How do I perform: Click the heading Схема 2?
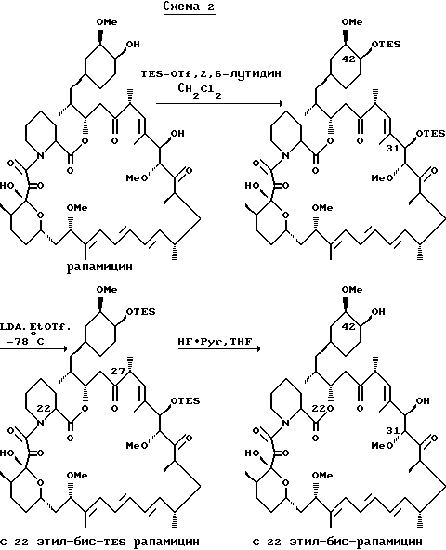[x=190, y=7]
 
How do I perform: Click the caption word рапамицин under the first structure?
[x=100, y=267]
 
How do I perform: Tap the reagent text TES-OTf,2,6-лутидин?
[x=211, y=74]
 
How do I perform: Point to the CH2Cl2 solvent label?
[x=200, y=90]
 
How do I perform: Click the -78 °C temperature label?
[x=26, y=341]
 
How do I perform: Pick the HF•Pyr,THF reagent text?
[x=215, y=341]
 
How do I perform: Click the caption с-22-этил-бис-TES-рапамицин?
[x=100, y=542]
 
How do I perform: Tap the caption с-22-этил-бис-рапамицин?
[x=337, y=542]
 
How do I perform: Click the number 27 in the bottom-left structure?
[x=118, y=371]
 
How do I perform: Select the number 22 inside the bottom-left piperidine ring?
[x=44, y=408]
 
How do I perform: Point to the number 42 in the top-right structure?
[x=348, y=59]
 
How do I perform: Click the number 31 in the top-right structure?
[x=393, y=149]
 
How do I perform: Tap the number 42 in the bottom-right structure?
[x=348, y=327]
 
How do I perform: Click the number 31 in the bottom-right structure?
[x=393, y=430]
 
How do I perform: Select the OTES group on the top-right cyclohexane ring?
[x=386, y=45]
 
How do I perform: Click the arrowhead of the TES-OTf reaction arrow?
[x=281, y=103]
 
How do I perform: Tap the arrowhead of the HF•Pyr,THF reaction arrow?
[x=258, y=348]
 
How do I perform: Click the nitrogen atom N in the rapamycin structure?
[x=41, y=155]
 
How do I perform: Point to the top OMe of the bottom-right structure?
[x=352, y=289]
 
